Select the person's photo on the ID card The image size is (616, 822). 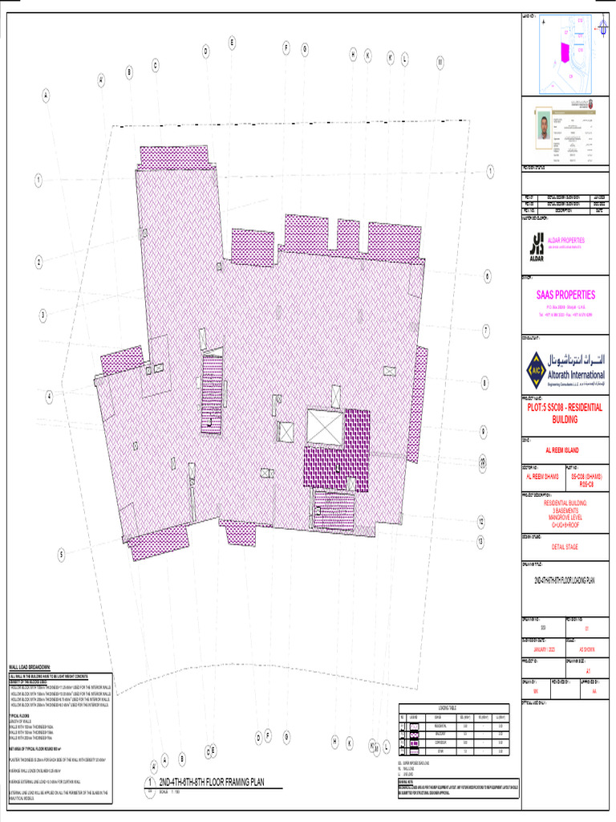(544, 127)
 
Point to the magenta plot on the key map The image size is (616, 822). (564, 52)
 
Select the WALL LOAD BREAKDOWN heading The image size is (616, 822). (30, 667)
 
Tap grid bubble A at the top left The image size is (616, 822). (46, 95)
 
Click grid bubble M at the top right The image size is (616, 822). (440, 62)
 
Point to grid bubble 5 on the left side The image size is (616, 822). (60, 554)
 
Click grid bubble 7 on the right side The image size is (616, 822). (485, 329)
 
